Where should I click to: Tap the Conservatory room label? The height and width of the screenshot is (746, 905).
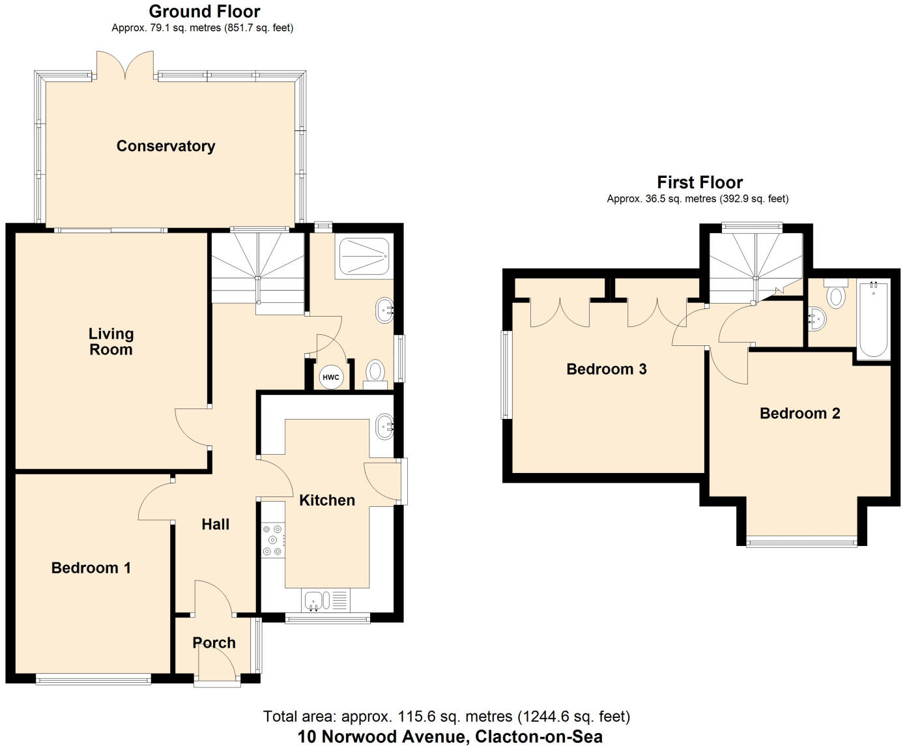[165, 146]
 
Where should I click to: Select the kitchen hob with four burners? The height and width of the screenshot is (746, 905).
[273, 540]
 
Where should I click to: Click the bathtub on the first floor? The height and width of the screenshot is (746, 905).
[873, 319]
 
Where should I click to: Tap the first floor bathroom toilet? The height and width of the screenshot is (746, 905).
[835, 294]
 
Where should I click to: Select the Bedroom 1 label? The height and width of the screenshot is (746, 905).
[91, 567]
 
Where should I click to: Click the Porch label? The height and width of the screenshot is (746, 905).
[214, 643]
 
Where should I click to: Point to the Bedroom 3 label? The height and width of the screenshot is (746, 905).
[606, 369]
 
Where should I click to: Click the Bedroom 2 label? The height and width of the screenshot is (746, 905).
[799, 413]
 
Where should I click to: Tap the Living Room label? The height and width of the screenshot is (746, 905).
[111, 341]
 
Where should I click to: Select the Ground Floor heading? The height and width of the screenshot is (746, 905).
[204, 11]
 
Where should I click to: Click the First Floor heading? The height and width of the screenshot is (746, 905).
[699, 182]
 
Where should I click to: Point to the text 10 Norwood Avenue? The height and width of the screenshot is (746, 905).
[379, 737]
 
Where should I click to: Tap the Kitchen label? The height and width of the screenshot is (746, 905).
[327, 500]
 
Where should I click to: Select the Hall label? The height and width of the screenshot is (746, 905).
[215, 524]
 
